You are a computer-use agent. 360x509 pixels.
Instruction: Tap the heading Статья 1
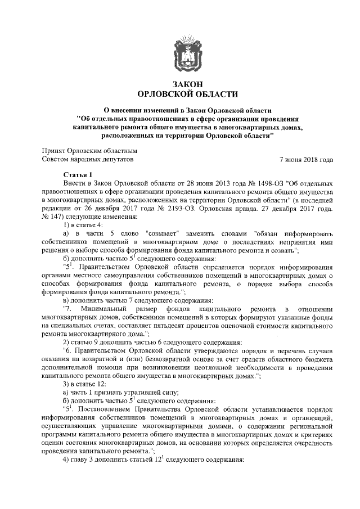click(82, 175)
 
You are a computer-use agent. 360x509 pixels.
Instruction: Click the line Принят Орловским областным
click(90, 151)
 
